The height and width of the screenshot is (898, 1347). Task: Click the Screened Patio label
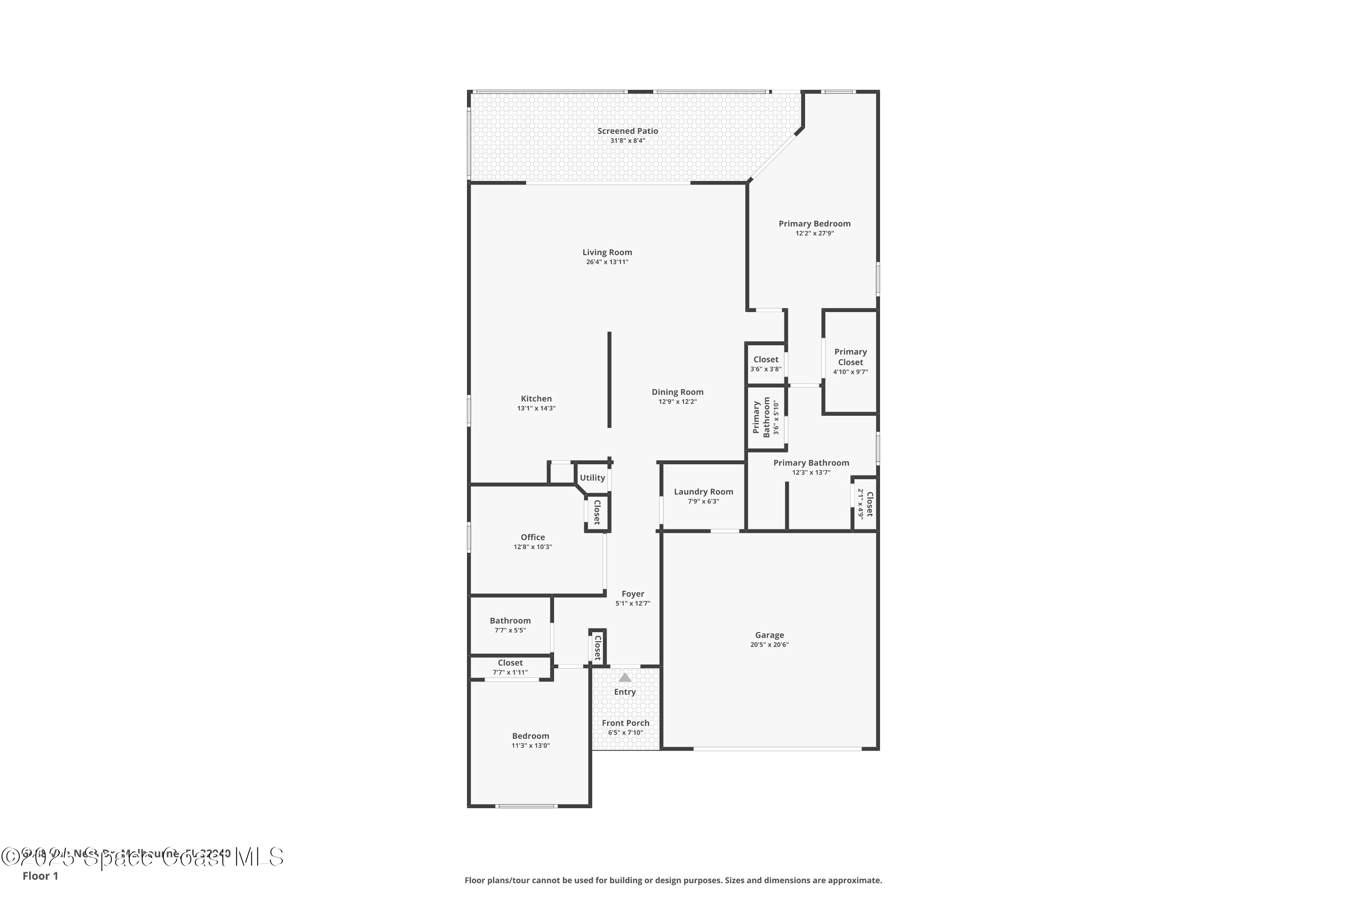click(627, 131)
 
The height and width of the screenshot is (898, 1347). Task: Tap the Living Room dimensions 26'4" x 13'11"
click(607, 262)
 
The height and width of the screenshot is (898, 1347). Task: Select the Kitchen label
click(536, 399)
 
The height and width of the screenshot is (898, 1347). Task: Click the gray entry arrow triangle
click(625, 678)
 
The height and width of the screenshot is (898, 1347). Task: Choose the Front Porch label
click(625, 723)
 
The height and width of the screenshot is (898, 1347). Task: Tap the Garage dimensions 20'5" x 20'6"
click(769, 645)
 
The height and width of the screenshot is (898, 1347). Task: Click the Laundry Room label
click(703, 491)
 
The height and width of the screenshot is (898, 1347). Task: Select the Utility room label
click(592, 478)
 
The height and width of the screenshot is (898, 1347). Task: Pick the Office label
click(533, 537)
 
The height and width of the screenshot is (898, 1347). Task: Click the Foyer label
click(633, 594)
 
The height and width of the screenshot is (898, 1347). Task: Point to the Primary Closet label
click(850, 357)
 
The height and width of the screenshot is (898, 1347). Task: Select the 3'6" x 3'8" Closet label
click(766, 360)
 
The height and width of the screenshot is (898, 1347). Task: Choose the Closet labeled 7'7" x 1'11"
click(510, 663)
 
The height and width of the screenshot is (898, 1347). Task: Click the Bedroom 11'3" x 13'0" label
click(530, 736)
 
